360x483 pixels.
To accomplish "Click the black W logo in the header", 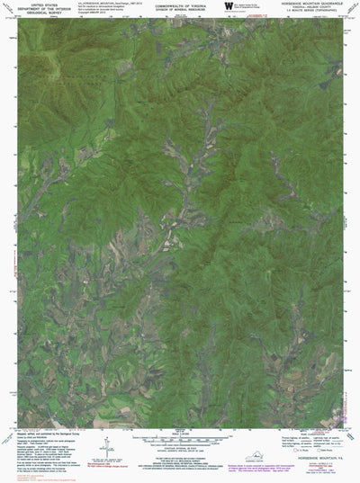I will tap(228, 6).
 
